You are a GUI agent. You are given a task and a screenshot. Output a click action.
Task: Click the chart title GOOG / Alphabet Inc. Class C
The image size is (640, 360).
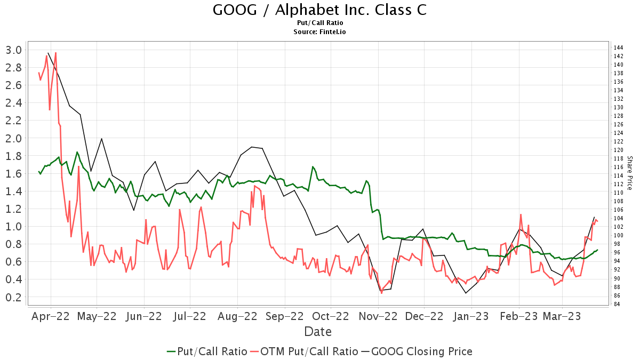[x=319, y=10]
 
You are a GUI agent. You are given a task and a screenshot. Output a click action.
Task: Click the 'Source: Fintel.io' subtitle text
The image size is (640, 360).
[x=319, y=32]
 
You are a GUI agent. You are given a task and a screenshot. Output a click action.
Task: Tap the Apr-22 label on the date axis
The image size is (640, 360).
[x=51, y=316]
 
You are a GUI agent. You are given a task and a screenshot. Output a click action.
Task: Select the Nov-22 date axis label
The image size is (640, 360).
[x=378, y=316]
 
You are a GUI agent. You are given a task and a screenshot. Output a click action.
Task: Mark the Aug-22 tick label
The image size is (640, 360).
[x=237, y=316]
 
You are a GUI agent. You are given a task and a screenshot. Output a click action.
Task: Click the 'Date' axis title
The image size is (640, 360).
[x=318, y=332]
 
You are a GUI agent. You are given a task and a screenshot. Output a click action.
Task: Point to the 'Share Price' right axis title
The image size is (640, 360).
[x=629, y=173]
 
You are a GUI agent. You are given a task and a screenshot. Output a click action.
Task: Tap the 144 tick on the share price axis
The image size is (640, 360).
[x=619, y=47]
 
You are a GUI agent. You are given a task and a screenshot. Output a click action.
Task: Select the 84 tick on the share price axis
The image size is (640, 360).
[x=619, y=305]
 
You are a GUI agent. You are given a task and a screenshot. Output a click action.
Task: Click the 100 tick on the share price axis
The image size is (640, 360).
[x=619, y=235]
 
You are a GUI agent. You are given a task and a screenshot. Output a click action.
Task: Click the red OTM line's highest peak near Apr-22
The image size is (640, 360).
[x=55, y=53]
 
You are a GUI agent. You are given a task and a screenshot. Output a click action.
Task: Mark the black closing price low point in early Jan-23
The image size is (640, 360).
[x=466, y=293]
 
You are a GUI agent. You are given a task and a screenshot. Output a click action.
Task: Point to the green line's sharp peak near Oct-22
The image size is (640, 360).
[x=313, y=167]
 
